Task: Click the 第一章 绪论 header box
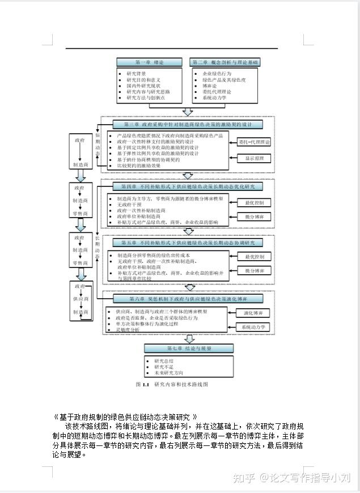pyautogui.click(x=150, y=62)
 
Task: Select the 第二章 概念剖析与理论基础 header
pyautogui.click(x=225, y=62)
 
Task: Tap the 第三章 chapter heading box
pyautogui.click(x=188, y=124)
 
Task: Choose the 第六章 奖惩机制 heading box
pyautogui.click(x=188, y=298)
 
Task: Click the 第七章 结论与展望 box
pyautogui.click(x=188, y=348)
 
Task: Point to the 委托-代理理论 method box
pyautogui.click(x=255, y=142)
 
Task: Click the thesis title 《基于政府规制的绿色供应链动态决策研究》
pyautogui.click(x=125, y=416)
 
